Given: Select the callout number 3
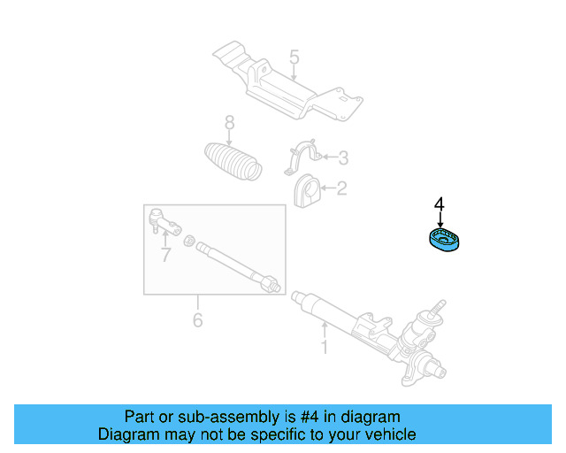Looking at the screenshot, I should [343, 158].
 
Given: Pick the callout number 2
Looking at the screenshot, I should [341, 188].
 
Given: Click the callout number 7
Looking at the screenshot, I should [165, 256].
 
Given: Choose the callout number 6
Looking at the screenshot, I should [197, 319].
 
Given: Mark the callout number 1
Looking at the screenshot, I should [324, 348].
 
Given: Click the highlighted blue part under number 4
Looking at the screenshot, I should [443, 240].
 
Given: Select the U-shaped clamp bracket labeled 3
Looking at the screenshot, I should [301, 158].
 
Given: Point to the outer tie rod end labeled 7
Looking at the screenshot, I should [161, 220].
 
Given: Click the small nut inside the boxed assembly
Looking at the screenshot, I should [187, 240].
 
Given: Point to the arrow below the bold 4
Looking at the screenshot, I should [440, 220].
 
